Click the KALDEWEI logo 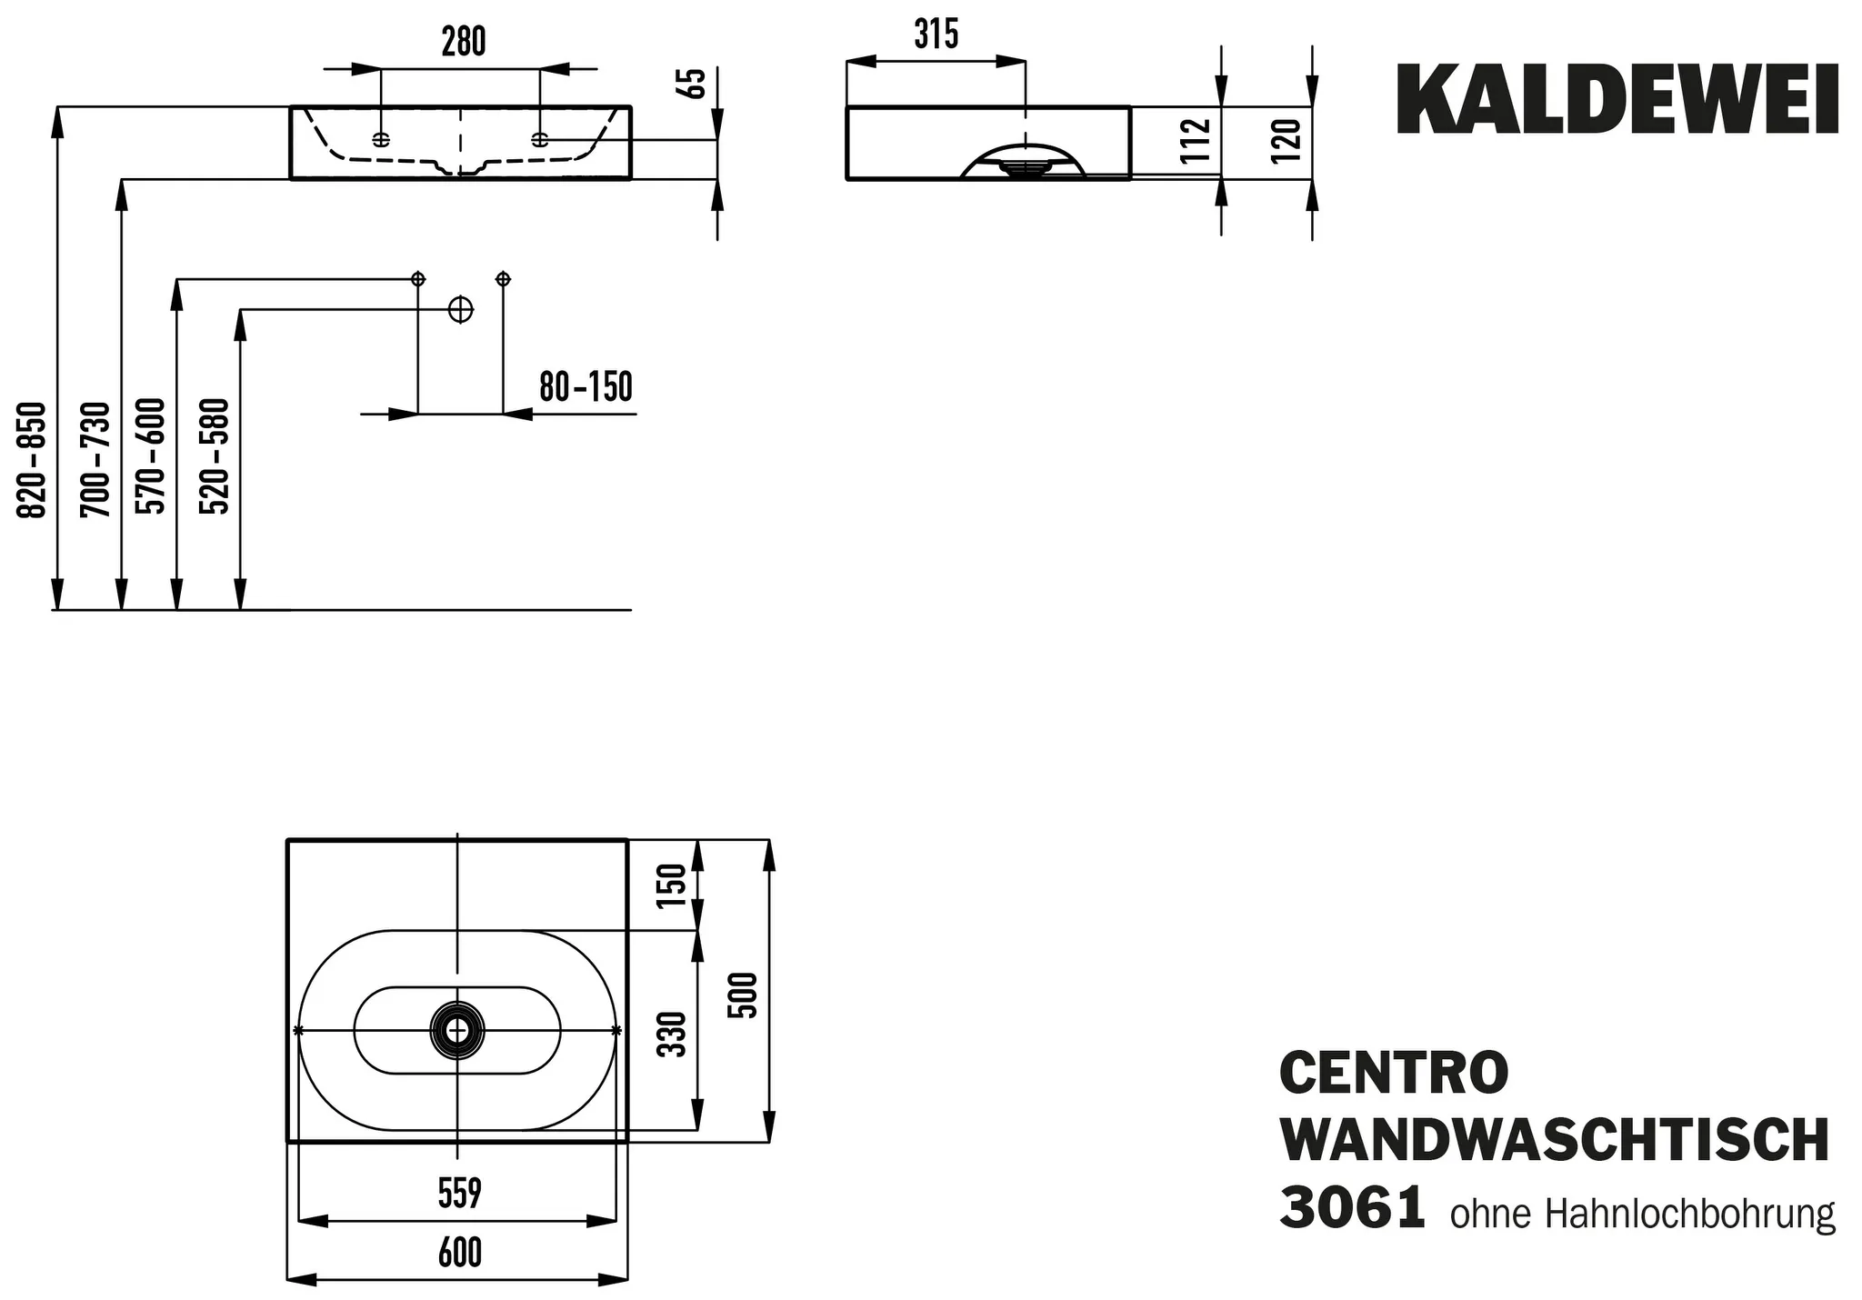pos(1617,100)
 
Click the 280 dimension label pos(463,42)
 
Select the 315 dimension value pos(936,35)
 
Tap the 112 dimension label pos(1197,141)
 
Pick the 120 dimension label pos(1288,141)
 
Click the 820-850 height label pos(33,459)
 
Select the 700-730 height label pos(95,459)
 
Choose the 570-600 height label pos(151,455)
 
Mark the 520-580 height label pos(215,455)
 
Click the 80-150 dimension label pos(586,387)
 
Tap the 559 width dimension pos(459,1194)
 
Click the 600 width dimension pos(459,1253)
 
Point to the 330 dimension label pos(672,1034)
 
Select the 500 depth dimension pos(745,995)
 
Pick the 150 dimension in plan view pos(672,885)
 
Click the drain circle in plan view pos(457,1030)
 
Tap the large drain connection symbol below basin pos(461,310)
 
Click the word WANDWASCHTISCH pos(1554,1141)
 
